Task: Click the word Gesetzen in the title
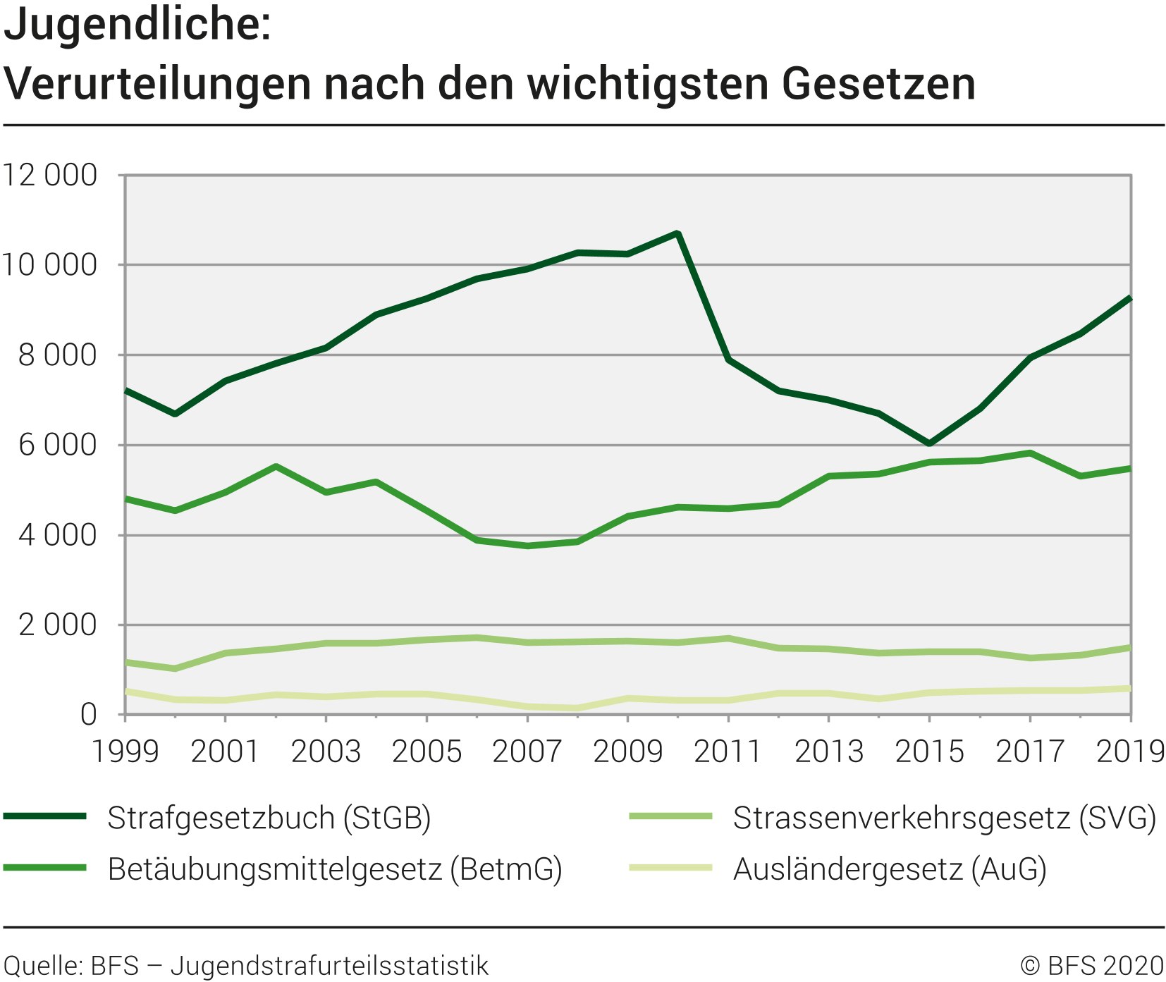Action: pos(878,84)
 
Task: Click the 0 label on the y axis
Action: pos(88,715)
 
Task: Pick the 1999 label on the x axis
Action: pos(125,751)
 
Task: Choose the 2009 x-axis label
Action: pos(627,751)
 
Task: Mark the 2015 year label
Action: pos(929,751)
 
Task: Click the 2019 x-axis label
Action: pos(1130,751)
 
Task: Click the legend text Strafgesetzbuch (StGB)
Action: pos(269,818)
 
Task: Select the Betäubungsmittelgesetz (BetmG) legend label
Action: pos(335,869)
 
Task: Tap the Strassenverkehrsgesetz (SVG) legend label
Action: pos(944,818)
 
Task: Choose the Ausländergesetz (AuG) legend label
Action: pos(890,869)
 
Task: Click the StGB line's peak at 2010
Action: pos(677,233)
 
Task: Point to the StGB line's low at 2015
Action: pos(929,443)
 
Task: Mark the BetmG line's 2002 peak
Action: pos(276,466)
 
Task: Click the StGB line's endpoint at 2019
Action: pos(1130,299)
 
